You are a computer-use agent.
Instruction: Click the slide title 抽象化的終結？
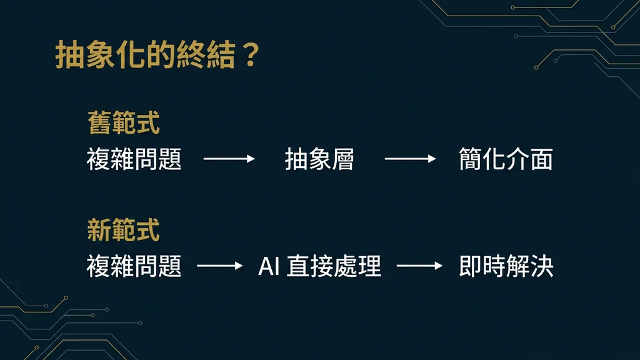coord(156,56)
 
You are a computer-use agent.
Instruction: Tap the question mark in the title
coord(248,56)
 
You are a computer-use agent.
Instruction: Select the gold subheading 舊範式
coord(123,123)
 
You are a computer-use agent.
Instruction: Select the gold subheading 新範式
coord(123,231)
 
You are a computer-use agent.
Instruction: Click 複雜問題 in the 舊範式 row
coord(134,159)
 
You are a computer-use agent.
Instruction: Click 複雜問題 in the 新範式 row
coord(134,267)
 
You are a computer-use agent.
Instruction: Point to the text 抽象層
coord(319,159)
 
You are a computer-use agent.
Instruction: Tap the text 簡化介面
coord(506,159)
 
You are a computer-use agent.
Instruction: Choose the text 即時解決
coord(506,267)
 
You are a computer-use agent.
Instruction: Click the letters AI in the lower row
coord(269,267)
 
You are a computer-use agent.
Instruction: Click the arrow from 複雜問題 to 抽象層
coord(229,159)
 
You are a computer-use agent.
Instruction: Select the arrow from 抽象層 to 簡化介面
coord(410,159)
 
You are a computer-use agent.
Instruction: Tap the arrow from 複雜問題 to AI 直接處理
coord(220,267)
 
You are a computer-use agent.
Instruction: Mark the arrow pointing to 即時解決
coord(419,267)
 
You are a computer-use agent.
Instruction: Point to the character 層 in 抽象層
coord(342,159)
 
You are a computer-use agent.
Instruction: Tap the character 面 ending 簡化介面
coord(541,159)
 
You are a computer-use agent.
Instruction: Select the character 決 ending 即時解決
coord(542,267)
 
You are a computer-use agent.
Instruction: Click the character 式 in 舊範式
coord(147,123)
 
